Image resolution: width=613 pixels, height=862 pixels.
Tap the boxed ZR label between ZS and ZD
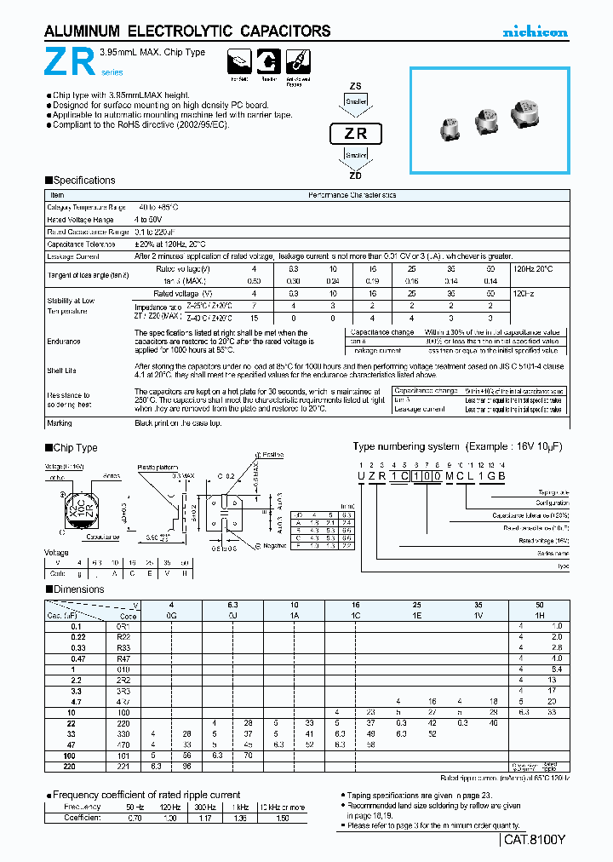pos(356,134)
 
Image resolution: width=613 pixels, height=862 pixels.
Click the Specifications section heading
pos(83,181)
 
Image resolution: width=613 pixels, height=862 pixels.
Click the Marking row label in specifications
pos(60,422)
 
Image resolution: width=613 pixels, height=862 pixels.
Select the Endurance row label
pos(65,342)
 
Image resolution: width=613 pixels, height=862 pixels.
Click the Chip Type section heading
pos(75,448)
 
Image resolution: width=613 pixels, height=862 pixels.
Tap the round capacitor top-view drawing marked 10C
pos(74,510)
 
